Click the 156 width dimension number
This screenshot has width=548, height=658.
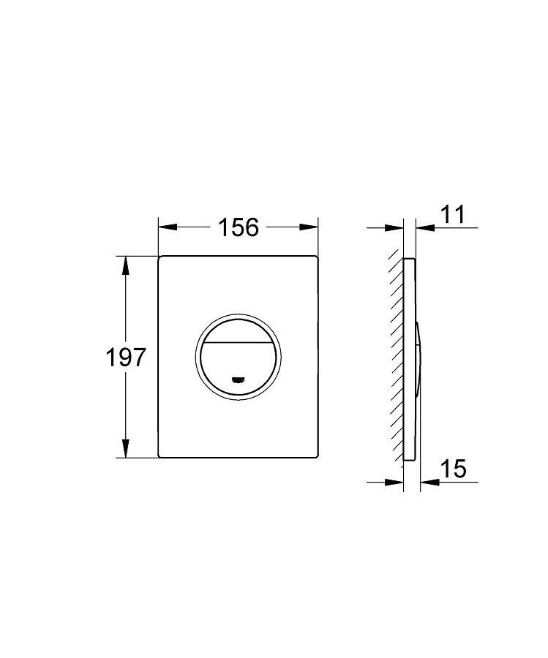coord(239,227)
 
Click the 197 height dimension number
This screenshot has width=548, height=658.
coord(126,358)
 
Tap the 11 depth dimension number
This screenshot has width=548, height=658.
coord(454,214)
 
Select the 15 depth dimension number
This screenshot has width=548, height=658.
coord(454,469)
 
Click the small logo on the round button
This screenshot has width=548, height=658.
coord(238,380)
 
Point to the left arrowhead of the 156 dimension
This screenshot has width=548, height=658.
coord(167,227)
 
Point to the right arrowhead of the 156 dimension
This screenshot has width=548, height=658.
coord(309,227)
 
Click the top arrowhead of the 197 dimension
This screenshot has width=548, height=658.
coord(125,265)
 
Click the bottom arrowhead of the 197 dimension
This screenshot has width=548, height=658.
coord(125,448)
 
